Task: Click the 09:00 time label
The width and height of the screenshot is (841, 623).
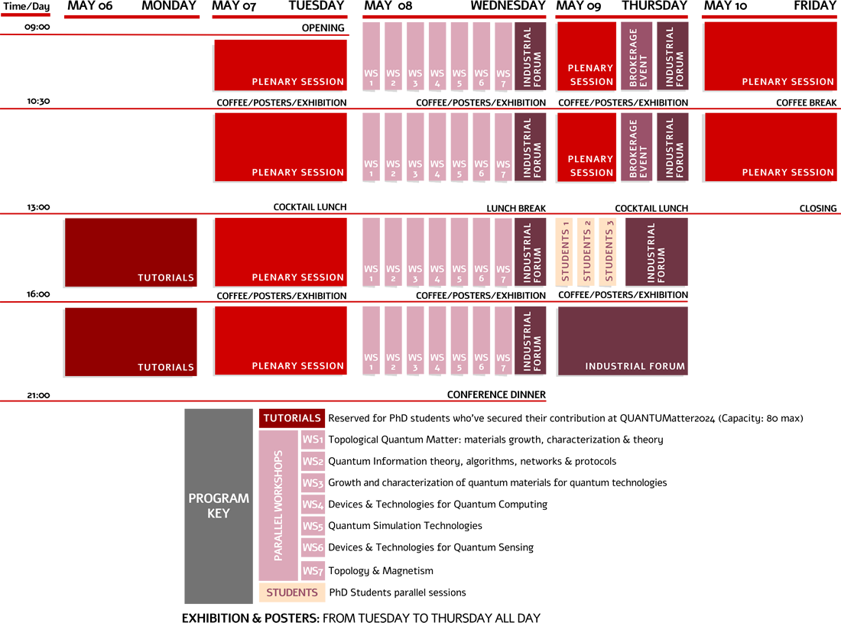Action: [37, 27]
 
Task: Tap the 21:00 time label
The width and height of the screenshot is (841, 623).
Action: [37, 395]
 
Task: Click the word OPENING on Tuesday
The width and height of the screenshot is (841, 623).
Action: [323, 28]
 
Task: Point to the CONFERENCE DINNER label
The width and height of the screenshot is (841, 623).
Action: [496, 395]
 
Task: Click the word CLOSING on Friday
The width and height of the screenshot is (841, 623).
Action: [817, 208]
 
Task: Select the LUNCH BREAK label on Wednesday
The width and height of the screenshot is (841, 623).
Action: [516, 208]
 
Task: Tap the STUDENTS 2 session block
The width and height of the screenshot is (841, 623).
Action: [587, 251]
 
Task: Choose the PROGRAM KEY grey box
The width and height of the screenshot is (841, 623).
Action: [218, 506]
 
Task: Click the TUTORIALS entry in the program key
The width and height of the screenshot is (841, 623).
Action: [291, 418]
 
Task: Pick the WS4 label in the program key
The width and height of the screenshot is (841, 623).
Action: [312, 505]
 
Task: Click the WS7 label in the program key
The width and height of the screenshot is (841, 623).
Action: [312, 571]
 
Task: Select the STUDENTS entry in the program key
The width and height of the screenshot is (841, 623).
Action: [291, 592]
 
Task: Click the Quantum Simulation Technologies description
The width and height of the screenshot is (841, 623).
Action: [404, 526]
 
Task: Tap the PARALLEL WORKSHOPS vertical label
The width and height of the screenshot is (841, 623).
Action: [278, 505]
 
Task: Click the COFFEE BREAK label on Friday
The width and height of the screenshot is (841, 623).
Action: [806, 102]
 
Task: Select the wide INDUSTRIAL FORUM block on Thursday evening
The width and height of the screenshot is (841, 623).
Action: [622, 341]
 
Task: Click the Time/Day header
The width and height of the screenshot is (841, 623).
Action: [26, 6]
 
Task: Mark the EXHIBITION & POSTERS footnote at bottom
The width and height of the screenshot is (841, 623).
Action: [361, 618]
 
